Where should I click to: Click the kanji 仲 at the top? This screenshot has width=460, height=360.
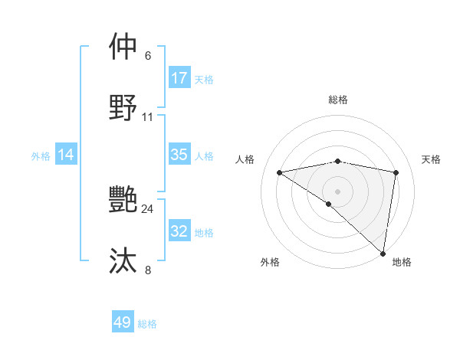pos(123,46)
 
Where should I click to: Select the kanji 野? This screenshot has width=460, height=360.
pos(123,107)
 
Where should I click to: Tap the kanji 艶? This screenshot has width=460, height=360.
pos(123,201)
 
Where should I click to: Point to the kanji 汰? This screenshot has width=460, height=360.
pos(123,260)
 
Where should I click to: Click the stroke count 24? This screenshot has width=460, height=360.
pos(148,208)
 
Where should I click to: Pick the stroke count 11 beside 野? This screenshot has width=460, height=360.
pos(148,117)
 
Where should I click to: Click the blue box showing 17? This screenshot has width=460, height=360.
pos(179,78)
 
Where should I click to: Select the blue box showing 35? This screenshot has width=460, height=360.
pos(179,155)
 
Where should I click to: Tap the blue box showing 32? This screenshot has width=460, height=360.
pos(179,231)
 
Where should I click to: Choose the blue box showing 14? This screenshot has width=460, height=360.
pos(66,155)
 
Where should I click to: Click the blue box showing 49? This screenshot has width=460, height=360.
pos(123,322)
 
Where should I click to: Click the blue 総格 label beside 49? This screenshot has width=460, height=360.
pos(147,324)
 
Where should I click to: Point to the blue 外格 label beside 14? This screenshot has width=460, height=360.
pos(41,156)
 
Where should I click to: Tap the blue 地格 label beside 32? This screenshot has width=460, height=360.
pos(204,233)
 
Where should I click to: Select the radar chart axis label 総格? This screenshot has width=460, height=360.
pos(338,100)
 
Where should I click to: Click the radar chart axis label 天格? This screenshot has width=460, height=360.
pos(431,159)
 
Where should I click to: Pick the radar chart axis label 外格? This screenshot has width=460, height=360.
pos(270,262)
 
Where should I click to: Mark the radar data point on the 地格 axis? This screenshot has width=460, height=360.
pos(383,254)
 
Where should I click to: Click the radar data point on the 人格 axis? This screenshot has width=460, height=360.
pos(280,172)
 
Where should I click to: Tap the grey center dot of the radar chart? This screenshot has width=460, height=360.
pos(337,191)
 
